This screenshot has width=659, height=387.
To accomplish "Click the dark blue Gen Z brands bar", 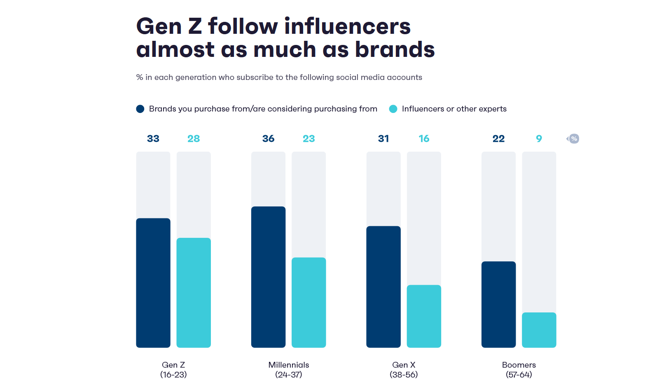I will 153,283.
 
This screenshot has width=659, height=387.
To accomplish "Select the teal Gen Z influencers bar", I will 194,293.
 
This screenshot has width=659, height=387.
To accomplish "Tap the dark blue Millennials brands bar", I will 268,277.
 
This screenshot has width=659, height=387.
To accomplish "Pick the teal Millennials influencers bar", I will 308,303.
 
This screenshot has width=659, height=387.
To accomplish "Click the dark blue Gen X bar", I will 383,287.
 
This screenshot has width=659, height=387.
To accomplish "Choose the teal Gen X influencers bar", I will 424,316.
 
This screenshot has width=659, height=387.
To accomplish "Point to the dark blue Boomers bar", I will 498,305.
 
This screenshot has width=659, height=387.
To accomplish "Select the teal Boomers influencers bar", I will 539,330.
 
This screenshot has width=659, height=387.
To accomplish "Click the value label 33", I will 153,139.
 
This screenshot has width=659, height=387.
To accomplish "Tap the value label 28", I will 194,139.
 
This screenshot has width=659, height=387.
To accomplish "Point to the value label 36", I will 268,139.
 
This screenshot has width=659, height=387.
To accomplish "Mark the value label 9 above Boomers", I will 539,139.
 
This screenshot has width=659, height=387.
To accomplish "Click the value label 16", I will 424,139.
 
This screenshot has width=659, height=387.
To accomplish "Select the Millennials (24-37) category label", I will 289,370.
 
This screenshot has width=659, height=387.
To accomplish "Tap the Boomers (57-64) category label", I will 519,370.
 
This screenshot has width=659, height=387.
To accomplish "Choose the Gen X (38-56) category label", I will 404,370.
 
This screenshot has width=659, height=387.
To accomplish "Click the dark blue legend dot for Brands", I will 140,109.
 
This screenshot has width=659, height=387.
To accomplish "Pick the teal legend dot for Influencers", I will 393,109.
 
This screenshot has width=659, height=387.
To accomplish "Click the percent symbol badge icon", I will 574,139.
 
